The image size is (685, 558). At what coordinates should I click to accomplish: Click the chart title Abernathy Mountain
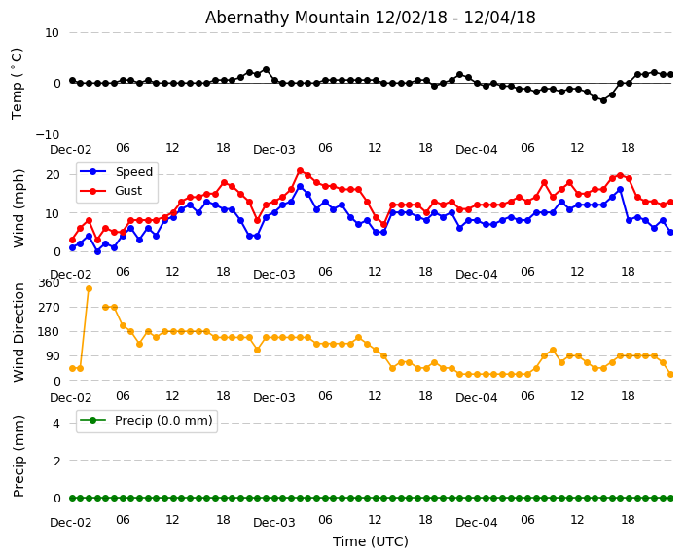[370, 18]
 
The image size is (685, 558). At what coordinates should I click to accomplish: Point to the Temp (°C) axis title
[18, 83]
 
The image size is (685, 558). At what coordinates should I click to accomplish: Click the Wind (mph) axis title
[19, 207]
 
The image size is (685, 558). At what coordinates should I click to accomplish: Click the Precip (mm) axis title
[19, 456]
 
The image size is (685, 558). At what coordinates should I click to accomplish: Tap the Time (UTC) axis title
[370, 541]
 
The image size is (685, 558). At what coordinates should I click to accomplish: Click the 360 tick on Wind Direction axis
[48, 282]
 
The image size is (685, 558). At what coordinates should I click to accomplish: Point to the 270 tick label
[48, 307]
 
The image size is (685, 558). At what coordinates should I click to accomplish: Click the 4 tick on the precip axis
[55, 423]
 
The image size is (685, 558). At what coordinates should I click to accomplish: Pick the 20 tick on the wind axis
[53, 175]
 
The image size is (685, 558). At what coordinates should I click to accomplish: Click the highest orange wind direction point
[89, 288]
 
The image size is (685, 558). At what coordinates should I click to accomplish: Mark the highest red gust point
[300, 171]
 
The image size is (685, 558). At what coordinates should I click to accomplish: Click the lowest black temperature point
[603, 100]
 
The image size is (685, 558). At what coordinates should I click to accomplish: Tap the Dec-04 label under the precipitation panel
[477, 523]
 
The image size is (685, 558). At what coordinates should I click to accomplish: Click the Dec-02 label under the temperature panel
[71, 150]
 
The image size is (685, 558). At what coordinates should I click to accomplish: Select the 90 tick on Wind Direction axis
[52, 356]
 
